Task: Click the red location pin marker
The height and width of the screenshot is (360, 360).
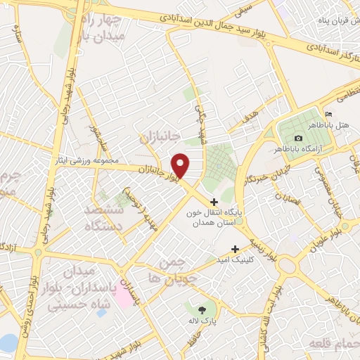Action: click(x=181, y=165)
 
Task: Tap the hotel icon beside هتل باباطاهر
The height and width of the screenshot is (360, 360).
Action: click(x=328, y=115)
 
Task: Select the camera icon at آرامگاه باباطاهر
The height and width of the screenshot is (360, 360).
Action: click(x=299, y=139)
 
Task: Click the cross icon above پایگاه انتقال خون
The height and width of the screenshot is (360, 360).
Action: click(x=214, y=204)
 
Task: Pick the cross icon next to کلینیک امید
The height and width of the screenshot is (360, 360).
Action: click(x=236, y=248)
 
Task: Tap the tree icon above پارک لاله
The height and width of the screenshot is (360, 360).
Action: click(x=202, y=309)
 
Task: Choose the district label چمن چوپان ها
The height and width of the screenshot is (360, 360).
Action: click(x=166, y=271)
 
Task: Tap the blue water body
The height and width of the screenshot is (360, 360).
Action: click(x=7, y=343)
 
